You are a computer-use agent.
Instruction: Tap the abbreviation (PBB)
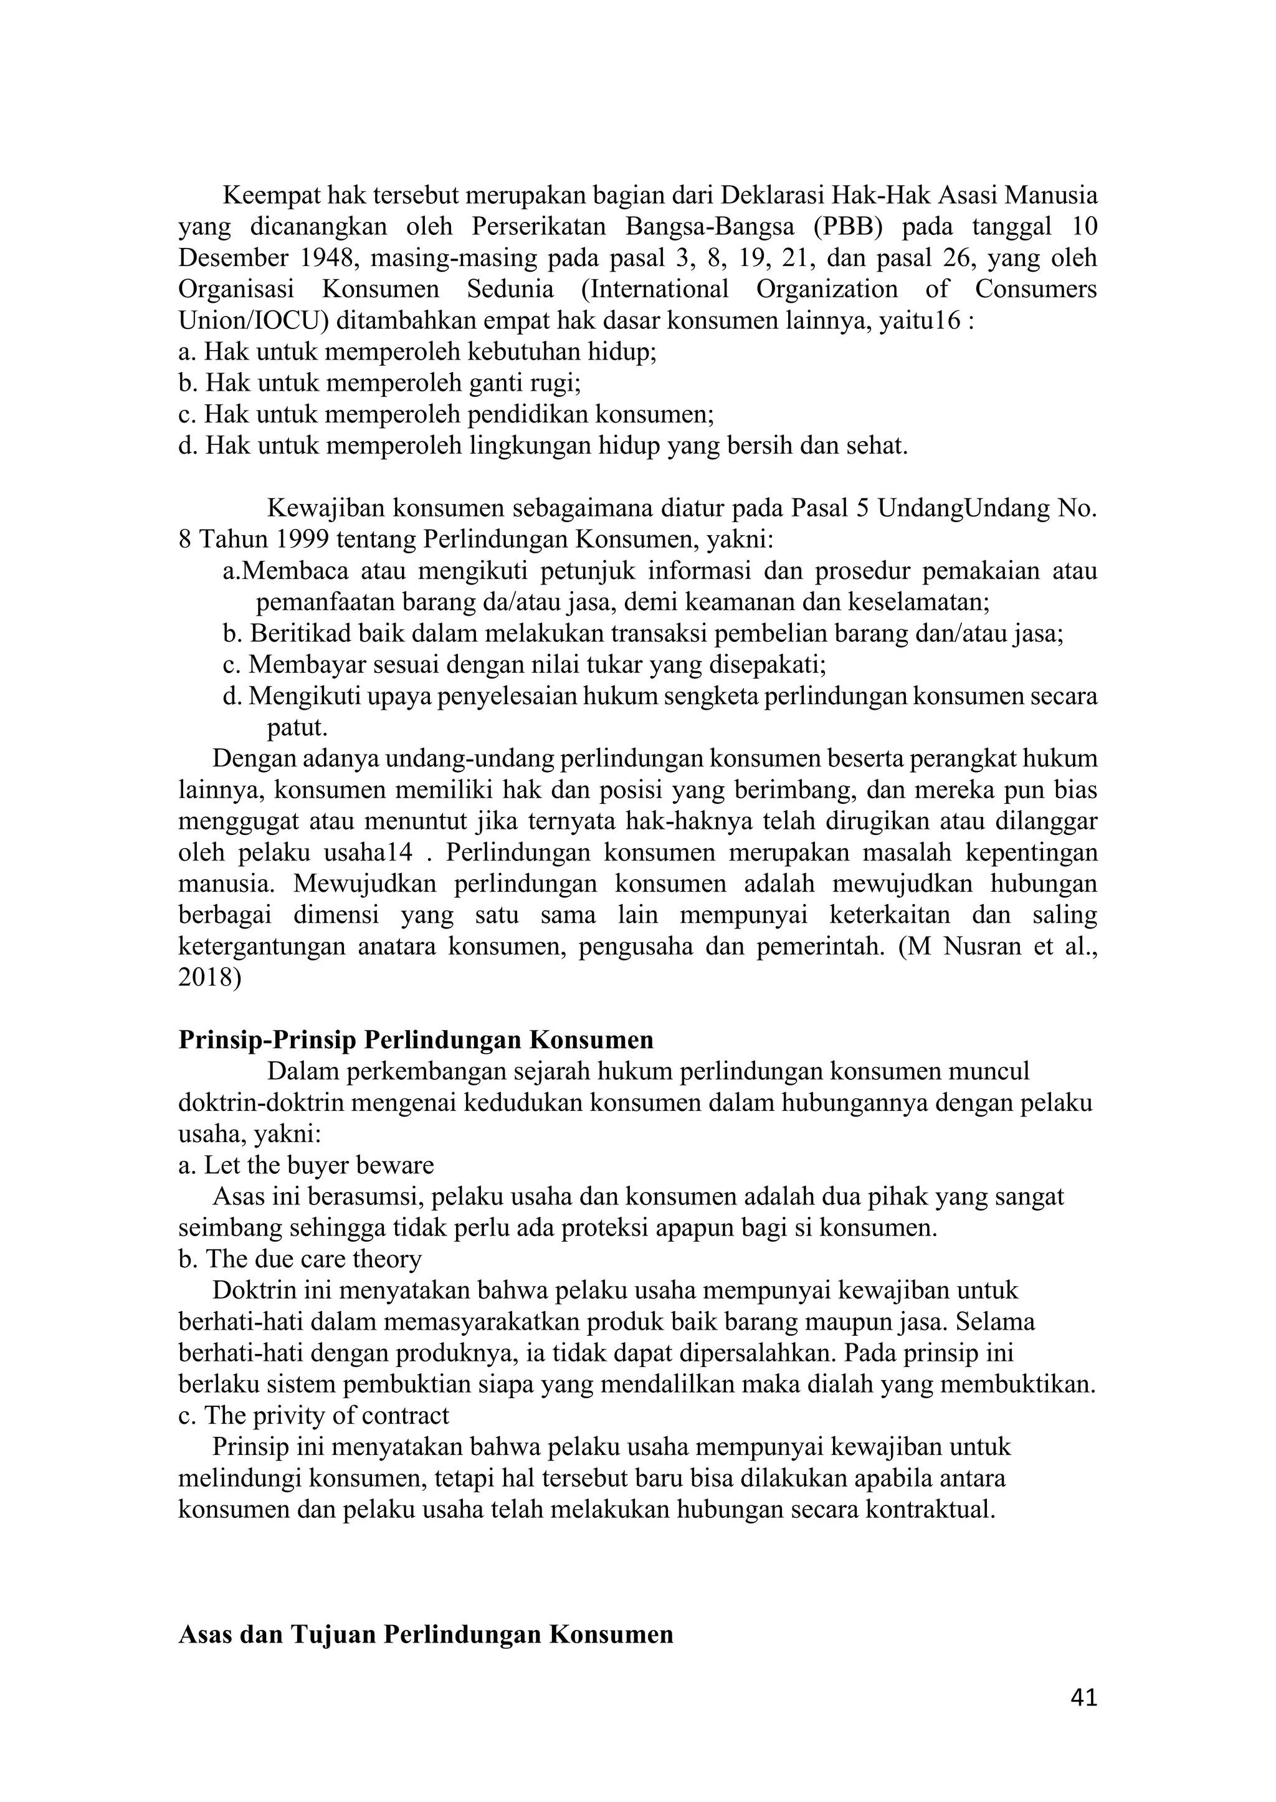click(x=847, y=226)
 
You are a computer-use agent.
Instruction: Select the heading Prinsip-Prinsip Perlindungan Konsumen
click(x=416, y=1040)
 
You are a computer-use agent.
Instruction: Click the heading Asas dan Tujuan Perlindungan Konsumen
click(x=426, y=1634)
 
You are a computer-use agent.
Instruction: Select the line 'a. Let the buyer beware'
click(x=307, y=1165)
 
